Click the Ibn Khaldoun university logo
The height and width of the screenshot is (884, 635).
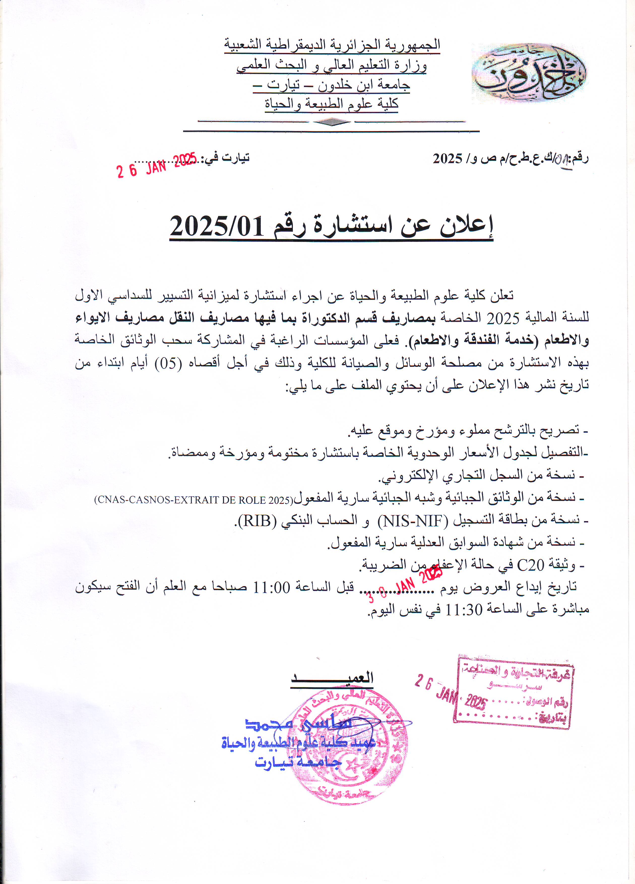click(529, 74)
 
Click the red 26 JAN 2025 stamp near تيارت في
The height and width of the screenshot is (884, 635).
click(157, 165)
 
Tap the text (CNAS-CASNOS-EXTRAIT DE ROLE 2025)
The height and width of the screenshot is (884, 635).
click(193, 500)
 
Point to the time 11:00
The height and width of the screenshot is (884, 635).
click(272, 587)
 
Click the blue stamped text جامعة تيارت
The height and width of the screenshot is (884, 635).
click(298, 762)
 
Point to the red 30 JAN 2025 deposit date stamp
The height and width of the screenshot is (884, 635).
click(405, 585)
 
